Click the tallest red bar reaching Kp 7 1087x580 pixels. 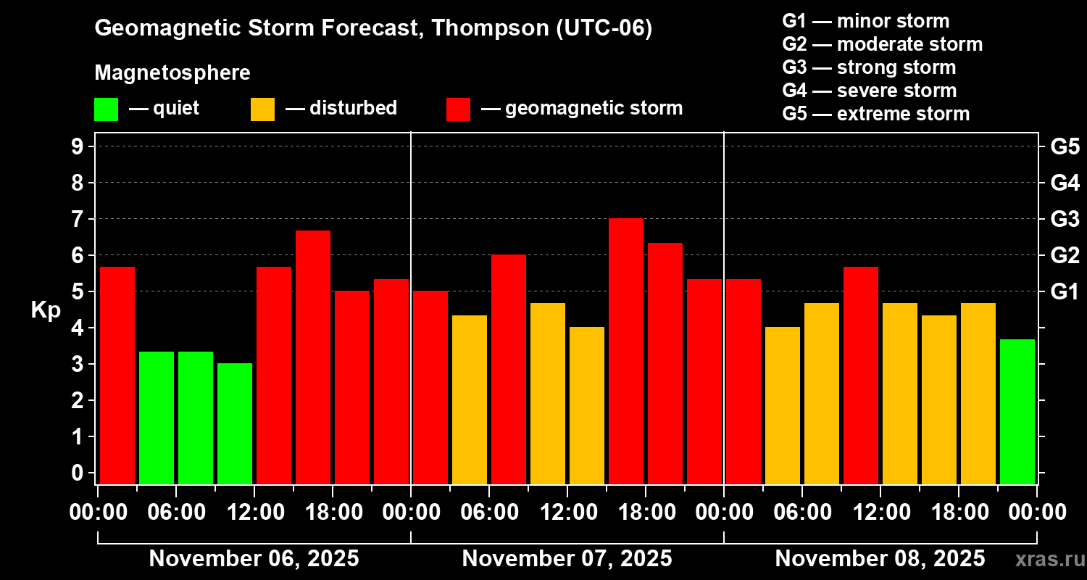click(x=626, y=352)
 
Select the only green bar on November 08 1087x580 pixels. click(x=1017, y=411)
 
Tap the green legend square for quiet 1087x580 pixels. click(x=106, y=109)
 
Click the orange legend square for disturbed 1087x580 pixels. click(x=262, y=109)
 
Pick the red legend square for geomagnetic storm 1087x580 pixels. click(x=458, y=109)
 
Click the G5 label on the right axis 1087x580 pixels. click(x=1065, y=146)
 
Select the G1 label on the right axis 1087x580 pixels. click(x=1065, y=291)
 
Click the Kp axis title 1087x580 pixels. click(x=46, y=310)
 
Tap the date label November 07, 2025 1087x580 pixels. click(x=567, y=559)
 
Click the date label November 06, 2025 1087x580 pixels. click(x=254, y=559)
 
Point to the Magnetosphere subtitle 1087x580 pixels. click(x=172, y=73)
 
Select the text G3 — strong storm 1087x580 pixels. click(x=869, y=67)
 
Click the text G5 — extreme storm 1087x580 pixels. click(x=875, y=114)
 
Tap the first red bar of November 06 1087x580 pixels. click(x=117, y=375)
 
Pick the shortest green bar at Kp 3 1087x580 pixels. click(x=235, y=423)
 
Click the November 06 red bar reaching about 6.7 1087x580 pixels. click(x=313, y=357)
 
